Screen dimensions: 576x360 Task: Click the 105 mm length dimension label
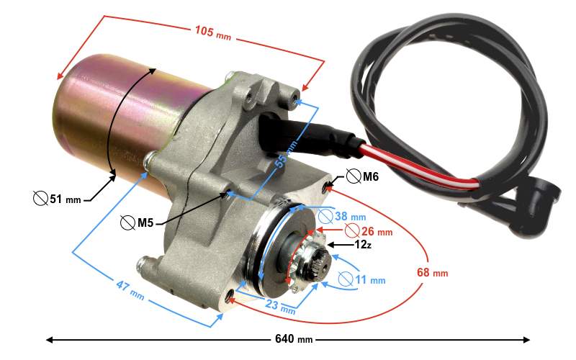pyautogui.click(x=212, y=32)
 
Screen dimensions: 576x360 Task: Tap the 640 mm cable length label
pyautogui.click(x=294, y=339)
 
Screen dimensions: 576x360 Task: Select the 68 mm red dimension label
pyautogui.click(x=433, y=273)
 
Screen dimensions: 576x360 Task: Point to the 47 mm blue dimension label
pyautogui.click(x=130, y=290)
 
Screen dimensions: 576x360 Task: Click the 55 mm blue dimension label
pyautogui.click(x=286, y=155)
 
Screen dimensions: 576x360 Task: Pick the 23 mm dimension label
pyautogui.click(x=280, y=307)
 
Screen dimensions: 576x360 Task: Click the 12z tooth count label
pyautogui.click(x=363, y=245)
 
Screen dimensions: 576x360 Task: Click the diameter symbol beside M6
pyautogui.click(x=354, y=176)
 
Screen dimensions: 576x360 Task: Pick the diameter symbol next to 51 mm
pyautogui.click(x=40, y=199)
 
